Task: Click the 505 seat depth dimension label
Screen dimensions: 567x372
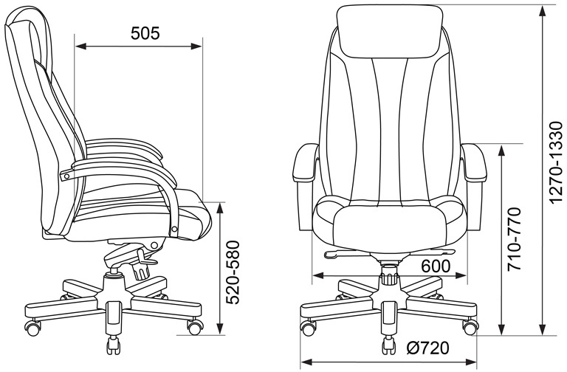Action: pyautogui.click(x=145, y=33)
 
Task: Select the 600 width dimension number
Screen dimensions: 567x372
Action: pyautogui.click(x=436, y=266)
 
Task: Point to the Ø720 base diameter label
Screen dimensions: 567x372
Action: pyautogui.click(x=427, y=348)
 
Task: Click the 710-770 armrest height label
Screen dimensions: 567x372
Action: pyautogui.click(x=514, y=239)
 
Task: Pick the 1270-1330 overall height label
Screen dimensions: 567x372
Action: pyautogui.click(x=556, y=162)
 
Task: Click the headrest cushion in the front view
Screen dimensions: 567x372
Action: pyautogui.click(x=390, y=32)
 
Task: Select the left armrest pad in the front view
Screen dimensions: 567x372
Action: pyautogui.click(x=305, y=162)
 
